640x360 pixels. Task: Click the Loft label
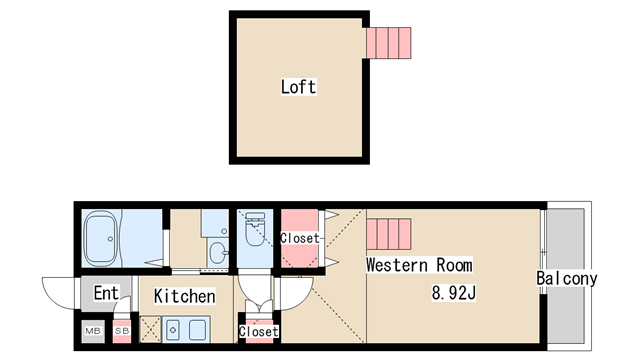pyautogui.click(x=298, y=87)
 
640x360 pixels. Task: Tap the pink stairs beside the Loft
pyautogui.click(x=389, y=43)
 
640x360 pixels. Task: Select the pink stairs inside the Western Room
pyautogui.click(x=389, y=234)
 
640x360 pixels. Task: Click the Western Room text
pyautogui.click(x=419, y=265)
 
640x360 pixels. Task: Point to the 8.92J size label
pyautogui.click(x=454, y=293)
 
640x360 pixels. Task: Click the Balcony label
pyautogui.click(x=567, y=278)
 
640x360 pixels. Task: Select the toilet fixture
pyautogui.click(x=255, y=229)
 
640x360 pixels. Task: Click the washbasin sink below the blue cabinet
pyautogui.click(x=218, y=253)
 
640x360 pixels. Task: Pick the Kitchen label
pyautogui.click(x=184, y=296)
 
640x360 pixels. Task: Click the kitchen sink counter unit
pyautogui.click(x=186, y=329)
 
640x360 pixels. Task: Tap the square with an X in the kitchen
pyautogui.click(x=150, y=329)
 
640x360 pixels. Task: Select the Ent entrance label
pyautogui.click(x=106, y=293)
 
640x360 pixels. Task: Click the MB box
pyautogui.click(x=93, y=331)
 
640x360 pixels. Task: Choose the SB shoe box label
pyautogui.click(x=122, y=331)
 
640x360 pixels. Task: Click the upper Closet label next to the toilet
pyautogui.click(x=300, y=238)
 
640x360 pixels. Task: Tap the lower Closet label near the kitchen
pyautogui.click(x=259, y=331)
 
